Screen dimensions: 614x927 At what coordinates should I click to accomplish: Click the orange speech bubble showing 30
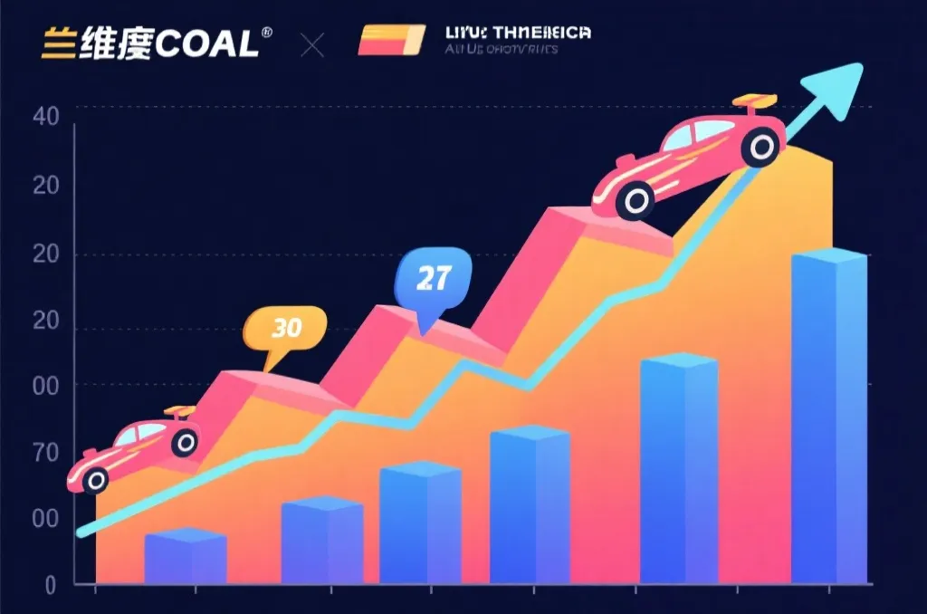(285, 328)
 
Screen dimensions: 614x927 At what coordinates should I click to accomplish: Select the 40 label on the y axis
(45, 117)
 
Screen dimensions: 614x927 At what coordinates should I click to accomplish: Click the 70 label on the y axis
(45, 453)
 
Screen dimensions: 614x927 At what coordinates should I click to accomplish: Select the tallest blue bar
(828, 417)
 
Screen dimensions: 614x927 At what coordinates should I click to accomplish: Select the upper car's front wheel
(637, 200)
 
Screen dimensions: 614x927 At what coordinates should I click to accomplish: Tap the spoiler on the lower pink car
(179, 412)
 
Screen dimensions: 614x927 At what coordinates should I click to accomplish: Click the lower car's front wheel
(94, 480)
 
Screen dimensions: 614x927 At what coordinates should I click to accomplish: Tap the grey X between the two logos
(311, 44)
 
